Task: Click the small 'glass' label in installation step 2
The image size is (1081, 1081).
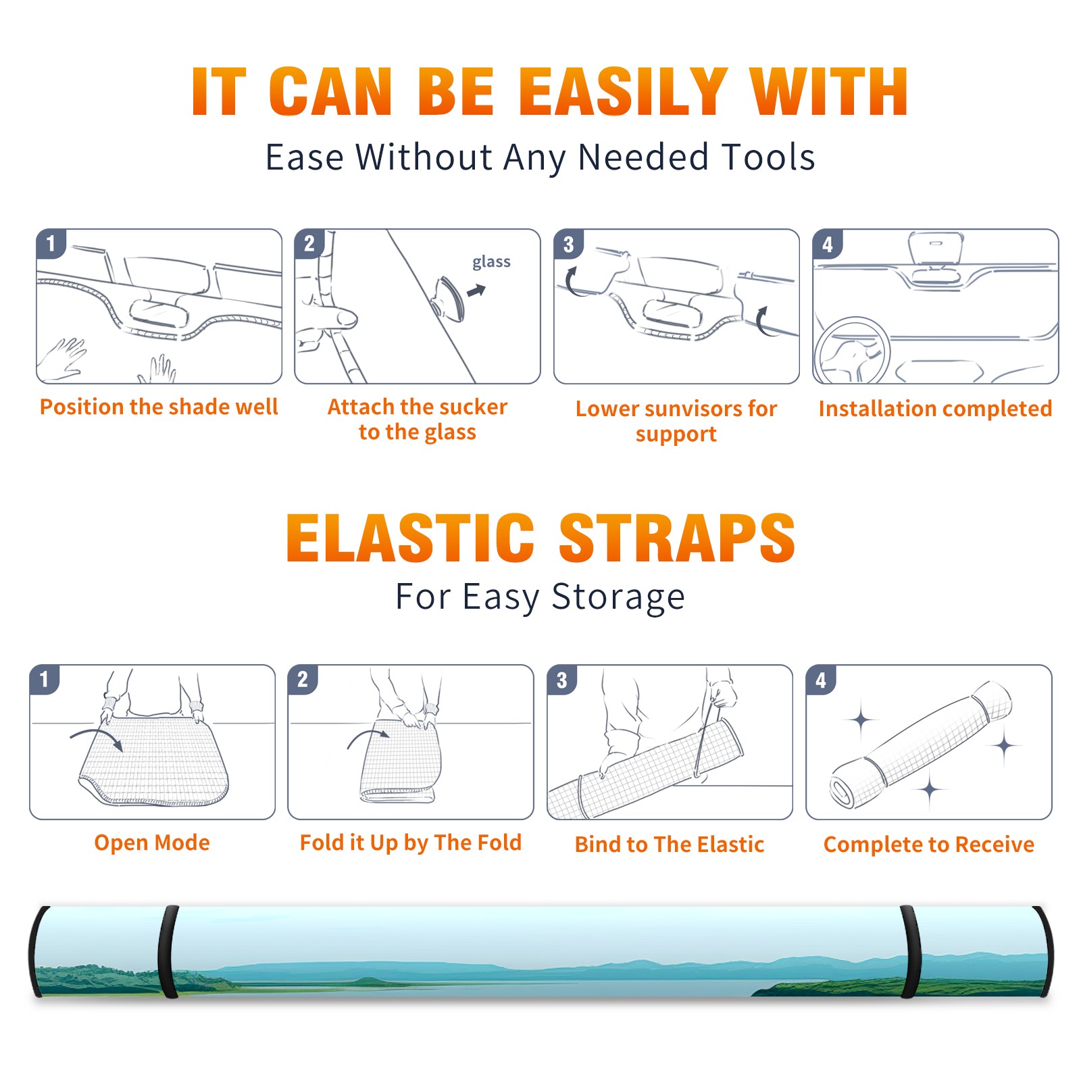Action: (x=491, y=262)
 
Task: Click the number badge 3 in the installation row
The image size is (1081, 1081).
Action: (x=568, y=244)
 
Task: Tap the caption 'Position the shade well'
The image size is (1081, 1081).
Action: (x=159, y=407)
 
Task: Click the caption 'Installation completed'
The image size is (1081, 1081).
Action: (x=935, y=408)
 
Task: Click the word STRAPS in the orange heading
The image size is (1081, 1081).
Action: (x=677, y=538)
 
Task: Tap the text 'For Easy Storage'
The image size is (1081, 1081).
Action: (x=540, y=597)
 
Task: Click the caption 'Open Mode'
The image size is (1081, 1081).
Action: (x=152, y=843)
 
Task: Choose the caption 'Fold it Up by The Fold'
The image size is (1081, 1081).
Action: (x=411, y=843)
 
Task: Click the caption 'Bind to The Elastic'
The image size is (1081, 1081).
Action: (x=670, y=845)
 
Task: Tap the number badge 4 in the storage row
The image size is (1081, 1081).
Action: (x=821, y=680)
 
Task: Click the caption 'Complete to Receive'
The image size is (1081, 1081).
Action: (x=929, y=845)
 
